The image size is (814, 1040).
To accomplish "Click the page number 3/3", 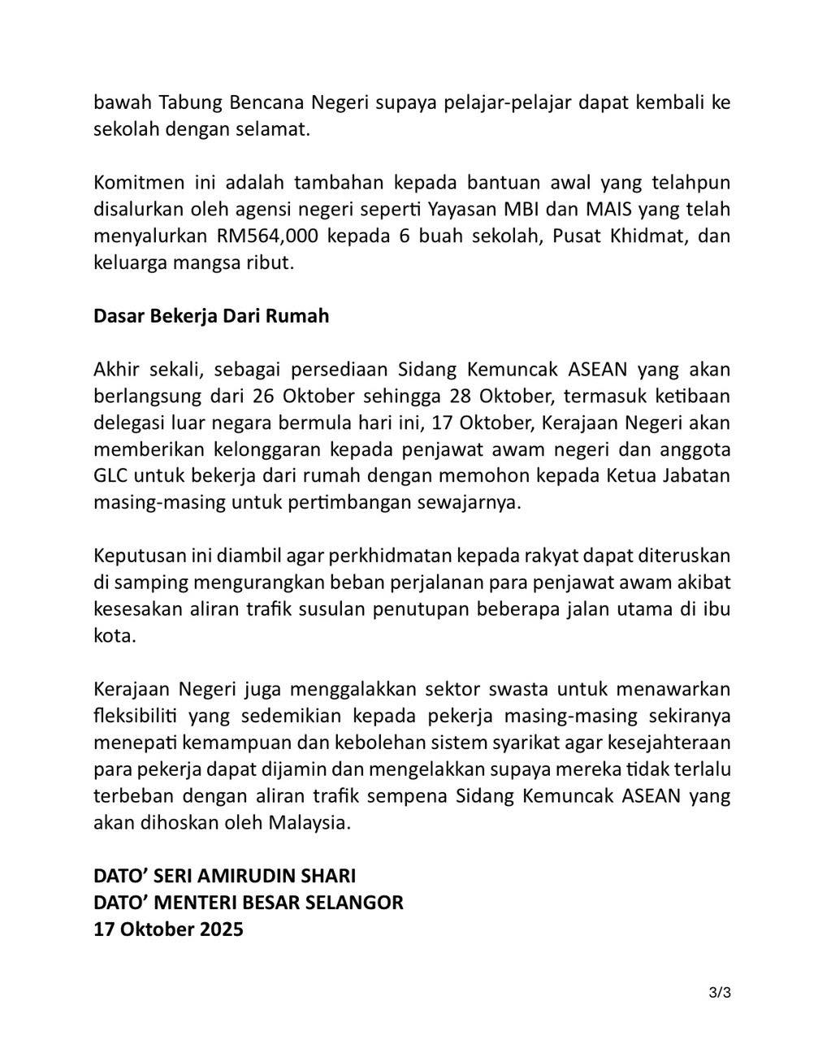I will [720, 992].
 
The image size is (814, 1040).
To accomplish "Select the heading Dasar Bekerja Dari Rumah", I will [211, 315].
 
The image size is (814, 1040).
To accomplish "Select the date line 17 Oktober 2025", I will [168, 929].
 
